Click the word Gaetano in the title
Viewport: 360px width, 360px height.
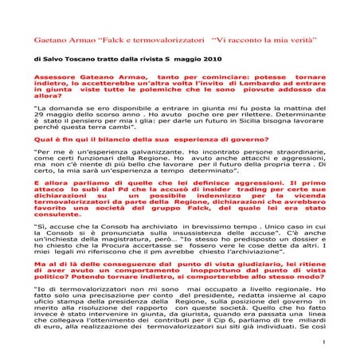click(x=51, y=38)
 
